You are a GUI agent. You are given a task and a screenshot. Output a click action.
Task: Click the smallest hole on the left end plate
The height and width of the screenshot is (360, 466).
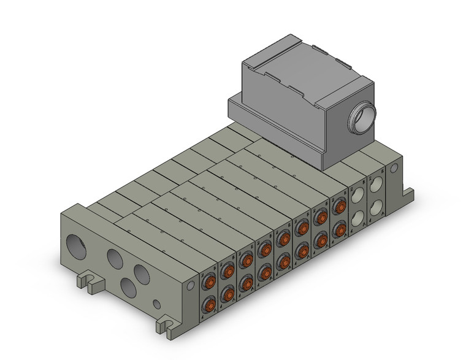(158, 304)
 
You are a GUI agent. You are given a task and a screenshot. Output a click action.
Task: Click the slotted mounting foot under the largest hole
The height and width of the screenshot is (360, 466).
(89, 281)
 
